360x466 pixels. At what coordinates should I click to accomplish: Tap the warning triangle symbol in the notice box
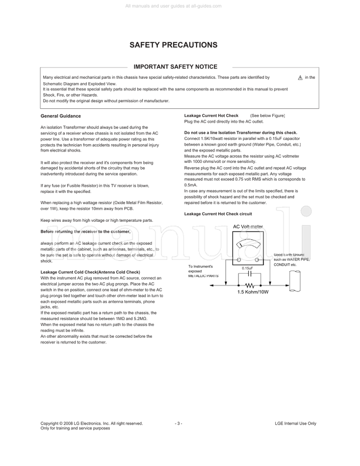[x=300, y=78]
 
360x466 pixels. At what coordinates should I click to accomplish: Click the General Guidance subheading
[x=61, y=116]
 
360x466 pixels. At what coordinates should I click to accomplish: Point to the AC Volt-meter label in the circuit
[x=248, y=227]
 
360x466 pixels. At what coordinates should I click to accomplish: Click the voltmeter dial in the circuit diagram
[x=247, y=245]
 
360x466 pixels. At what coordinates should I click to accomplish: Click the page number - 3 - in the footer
[x=179, y=423]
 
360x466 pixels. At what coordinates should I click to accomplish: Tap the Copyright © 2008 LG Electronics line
[x=92, y=423]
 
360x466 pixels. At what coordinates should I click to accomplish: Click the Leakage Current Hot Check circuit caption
[x=218, y=214]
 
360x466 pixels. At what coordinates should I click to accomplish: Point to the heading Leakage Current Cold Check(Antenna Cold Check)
[x=90, y=272]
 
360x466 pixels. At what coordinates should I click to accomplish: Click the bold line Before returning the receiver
[x=85, y=232]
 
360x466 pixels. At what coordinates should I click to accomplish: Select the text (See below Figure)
[x=268, y=116]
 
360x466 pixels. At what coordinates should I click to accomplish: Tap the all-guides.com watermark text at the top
[x=180, y=6]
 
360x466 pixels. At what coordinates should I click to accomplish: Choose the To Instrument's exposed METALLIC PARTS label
[x=203, y=271]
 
